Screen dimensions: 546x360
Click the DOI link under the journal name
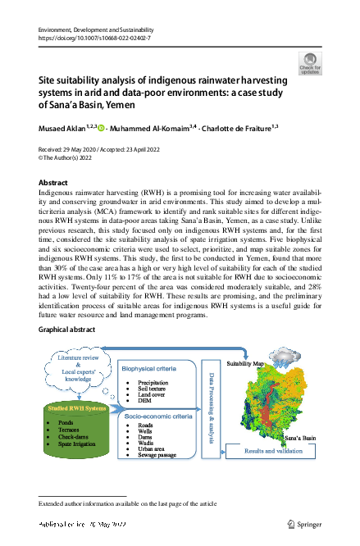[93, 39]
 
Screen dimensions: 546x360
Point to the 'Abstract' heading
[54, 182]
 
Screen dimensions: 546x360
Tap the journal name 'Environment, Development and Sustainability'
[102, 30]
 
